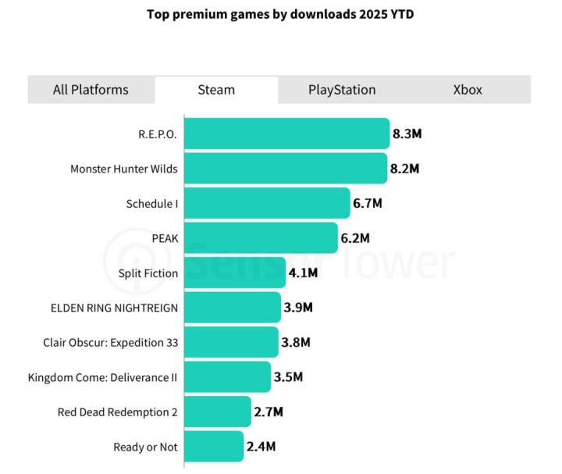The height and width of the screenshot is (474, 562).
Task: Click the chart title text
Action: [280, 15]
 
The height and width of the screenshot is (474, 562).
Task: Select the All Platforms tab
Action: [91, 90]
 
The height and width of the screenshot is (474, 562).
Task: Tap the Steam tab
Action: [216, 90]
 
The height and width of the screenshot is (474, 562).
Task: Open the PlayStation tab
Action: [342, 90]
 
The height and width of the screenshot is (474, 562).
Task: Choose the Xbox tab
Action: [468, 90]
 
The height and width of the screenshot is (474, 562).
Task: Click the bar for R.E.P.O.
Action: [286, 134]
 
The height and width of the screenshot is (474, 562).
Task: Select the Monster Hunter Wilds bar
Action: [286, 169]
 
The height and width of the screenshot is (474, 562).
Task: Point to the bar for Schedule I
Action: [267, 203]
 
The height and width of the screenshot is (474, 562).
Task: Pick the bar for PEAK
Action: [261, 238]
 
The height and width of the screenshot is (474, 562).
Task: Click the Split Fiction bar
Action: [234, 273]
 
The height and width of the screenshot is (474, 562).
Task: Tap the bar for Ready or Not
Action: [214, 447]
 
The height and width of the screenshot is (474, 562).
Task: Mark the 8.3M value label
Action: [407, 134]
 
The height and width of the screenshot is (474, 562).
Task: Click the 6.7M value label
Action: [368, 203]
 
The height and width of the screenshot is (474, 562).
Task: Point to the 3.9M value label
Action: [298, 308]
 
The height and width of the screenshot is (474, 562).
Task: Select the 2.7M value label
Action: [269, 412]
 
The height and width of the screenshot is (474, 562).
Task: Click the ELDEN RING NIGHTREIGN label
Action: [113, 308]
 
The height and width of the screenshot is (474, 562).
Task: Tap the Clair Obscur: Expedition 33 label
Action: [110, 342]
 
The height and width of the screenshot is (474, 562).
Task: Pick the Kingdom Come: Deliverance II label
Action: [102, 377]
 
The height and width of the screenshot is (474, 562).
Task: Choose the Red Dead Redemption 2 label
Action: [117, 412]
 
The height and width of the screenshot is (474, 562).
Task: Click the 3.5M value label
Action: [288, 377]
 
